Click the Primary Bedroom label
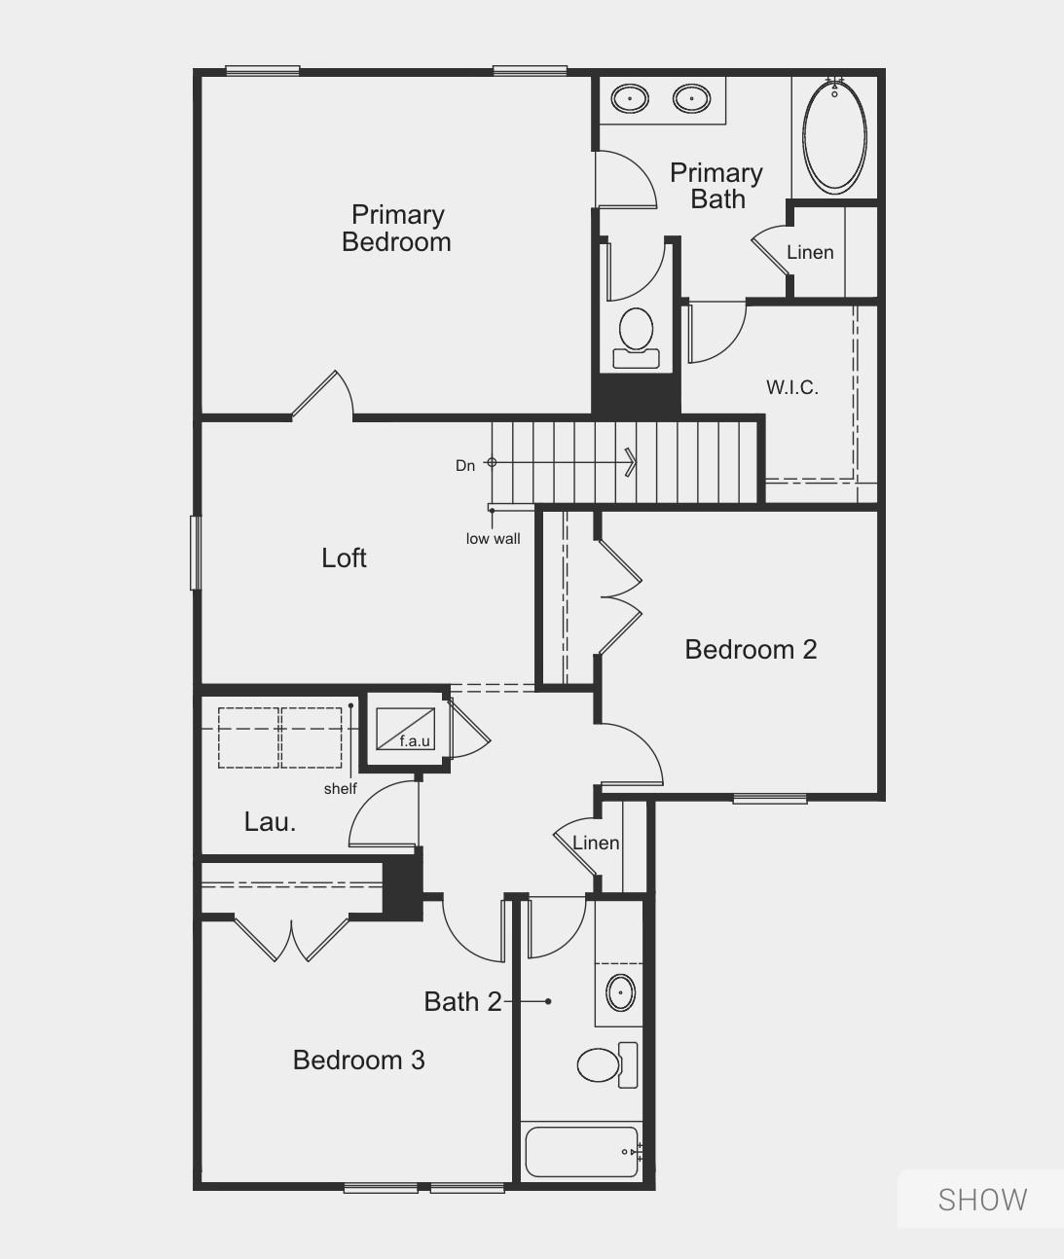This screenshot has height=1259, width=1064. tap(397, 229)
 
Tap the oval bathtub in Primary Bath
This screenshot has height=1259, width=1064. tap(834, 136)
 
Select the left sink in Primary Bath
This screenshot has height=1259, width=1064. tap(630, 98)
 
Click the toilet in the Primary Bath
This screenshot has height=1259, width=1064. tap(637, 334)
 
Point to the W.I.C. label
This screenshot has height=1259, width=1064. tap(791, 387)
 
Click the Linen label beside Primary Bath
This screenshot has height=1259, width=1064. tap(810, 252)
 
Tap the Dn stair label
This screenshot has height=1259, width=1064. tap(465, 466)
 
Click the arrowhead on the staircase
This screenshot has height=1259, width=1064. tap(631, 462)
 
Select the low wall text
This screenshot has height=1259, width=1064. tap(493, 539)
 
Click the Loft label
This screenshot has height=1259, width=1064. tap(344, 558)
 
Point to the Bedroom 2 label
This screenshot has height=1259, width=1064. tap(751, 649)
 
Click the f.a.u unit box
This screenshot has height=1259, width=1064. tap(406, 729)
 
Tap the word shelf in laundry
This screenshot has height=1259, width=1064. tap(340, 789)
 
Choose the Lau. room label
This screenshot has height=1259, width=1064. tap(270, 822)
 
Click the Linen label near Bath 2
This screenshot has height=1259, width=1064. tap(596, 843)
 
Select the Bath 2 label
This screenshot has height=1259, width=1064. tap(462, 1001)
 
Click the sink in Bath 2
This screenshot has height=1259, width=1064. tap(620, 992)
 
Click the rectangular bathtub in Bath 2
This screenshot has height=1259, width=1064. tap(582, 1152)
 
